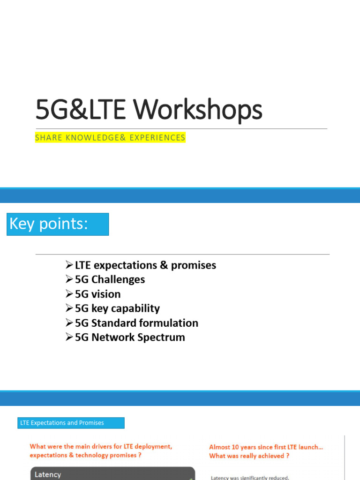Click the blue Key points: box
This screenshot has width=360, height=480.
58,224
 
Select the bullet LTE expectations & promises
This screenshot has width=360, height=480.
145,265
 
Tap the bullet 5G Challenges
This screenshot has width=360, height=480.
110,280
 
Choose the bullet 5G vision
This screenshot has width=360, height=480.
97,294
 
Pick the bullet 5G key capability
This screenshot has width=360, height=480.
117,308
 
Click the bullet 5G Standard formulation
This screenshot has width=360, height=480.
136,323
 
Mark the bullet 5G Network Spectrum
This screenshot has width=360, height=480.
130,337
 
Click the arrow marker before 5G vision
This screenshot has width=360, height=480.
69,294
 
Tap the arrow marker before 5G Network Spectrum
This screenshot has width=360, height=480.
69,337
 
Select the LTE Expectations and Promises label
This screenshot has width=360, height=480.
71,423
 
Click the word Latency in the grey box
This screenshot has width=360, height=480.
48,474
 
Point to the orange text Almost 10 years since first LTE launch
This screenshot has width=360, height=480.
266,447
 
